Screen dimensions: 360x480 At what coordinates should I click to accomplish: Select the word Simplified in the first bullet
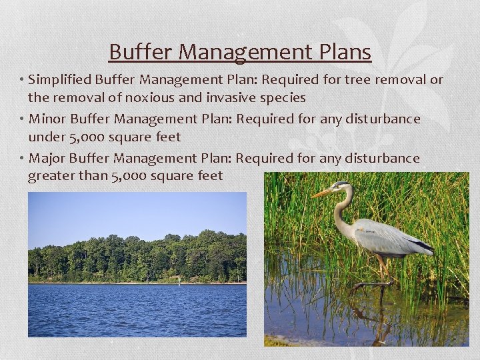point(60,80)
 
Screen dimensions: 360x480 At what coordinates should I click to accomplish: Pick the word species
point(283,98)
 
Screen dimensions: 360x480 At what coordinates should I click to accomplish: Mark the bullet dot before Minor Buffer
point(22,119)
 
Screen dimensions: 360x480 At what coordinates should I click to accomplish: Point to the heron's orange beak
point(322,193)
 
